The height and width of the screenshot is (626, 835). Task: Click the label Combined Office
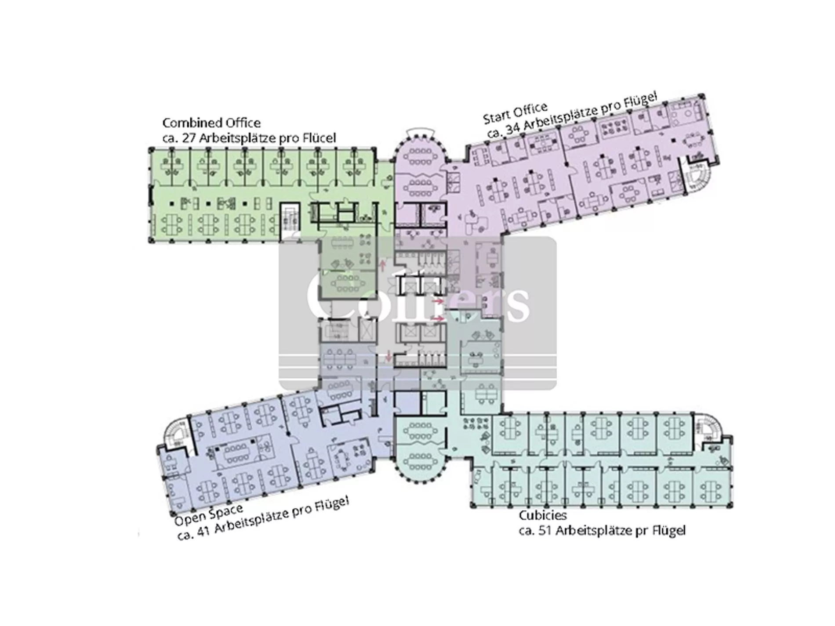tap(211, 123)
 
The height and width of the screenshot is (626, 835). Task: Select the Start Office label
tap(516, 113)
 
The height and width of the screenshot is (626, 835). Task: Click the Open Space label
tap(209, 514)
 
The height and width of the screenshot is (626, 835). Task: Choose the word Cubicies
tap(543, 515)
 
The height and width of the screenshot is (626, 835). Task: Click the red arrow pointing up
tap(383, 264)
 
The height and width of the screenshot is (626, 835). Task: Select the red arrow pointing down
tap(388, 357)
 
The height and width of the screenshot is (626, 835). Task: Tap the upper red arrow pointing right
tap(438, 301)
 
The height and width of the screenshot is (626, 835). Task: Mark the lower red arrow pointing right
tap(438, 318)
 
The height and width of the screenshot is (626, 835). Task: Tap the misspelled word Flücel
tap(319, 138)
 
